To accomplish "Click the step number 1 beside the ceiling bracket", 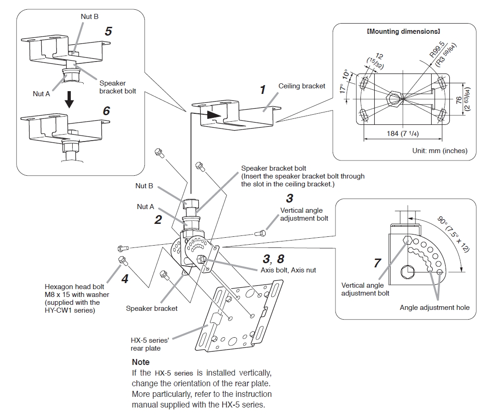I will pyautogui.click(x=263, y=89).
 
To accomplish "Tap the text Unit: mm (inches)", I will pyautogui.click(x=440, y=150).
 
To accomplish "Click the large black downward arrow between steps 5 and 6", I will pyautogui.click(x=69, y=99).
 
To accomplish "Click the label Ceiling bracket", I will pyautogui.click(x=302, y=86).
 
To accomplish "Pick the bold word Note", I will pyautogui.click(x=141, y=362).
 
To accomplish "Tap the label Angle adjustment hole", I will pyautogui.click(x=434, y=308).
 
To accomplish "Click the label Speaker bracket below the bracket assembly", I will pyautogui.click(x=151, y=308).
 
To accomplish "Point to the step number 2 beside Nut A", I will pyautogui.click(x=158, y=220).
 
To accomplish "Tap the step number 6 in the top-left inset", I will pyautogui.click(x=106, y=111).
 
